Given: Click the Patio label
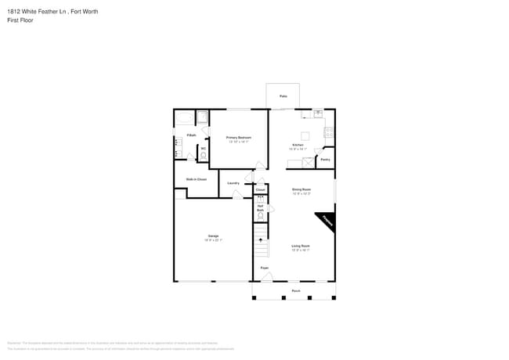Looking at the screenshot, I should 283,96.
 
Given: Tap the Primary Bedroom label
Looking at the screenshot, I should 238,139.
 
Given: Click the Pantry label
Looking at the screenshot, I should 325,160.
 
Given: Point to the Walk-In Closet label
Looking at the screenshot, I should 196,179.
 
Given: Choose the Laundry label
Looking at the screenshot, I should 233,183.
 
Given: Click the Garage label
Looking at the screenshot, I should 213,236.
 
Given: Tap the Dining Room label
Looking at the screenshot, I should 301,190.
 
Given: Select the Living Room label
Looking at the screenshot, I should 301,247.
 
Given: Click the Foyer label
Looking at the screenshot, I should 265,268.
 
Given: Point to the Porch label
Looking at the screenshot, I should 296,290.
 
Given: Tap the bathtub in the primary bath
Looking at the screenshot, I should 184,119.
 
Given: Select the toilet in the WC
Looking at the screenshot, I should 204,155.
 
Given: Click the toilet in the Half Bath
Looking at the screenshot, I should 260,199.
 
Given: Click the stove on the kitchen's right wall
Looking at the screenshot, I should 330,132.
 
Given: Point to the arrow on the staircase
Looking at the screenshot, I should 261,240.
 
